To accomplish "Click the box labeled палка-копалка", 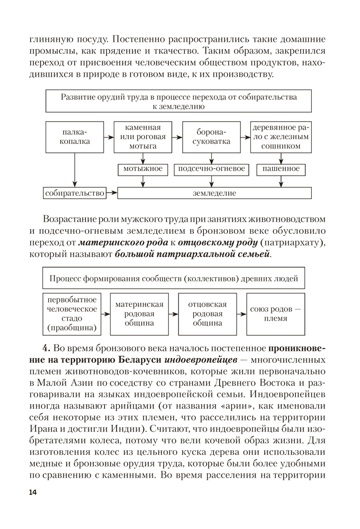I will point(75,137).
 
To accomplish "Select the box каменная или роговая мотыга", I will point(143,137).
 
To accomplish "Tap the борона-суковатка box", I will point(211,137).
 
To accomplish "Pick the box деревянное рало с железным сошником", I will point(281,137).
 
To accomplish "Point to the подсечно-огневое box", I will point(211,169).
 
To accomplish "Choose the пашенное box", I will point(281,169).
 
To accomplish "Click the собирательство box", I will point(75,193).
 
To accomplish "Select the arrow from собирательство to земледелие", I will point(111,193).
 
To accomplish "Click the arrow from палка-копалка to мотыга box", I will point(109,137).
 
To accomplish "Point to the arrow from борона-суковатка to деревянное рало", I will point(245,137).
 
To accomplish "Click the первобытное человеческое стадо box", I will point(72,314).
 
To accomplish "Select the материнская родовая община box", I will point(140,314).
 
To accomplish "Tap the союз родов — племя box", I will point(275,314).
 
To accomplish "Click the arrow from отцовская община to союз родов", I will point(241,314).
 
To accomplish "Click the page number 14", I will point(33,492).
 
